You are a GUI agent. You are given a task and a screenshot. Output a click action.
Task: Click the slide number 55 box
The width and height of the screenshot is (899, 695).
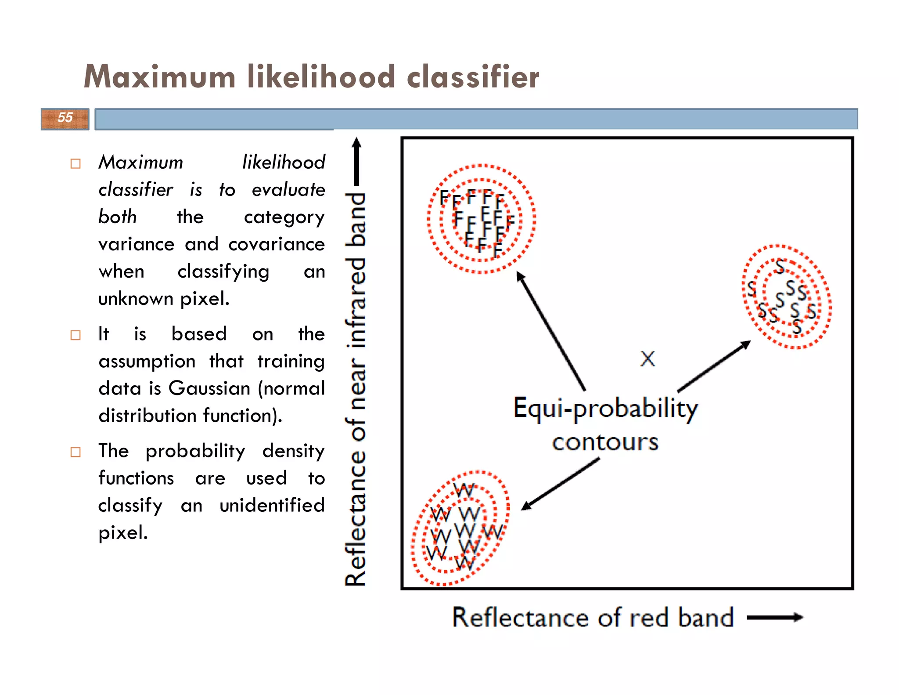coord(65,119)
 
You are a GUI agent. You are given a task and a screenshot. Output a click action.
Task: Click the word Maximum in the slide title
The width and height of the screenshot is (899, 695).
coord(160,77)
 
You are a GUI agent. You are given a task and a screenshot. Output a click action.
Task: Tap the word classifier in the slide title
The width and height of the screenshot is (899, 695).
coord(473,77)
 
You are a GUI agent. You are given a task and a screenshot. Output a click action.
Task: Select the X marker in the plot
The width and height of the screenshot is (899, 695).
coord(647,359)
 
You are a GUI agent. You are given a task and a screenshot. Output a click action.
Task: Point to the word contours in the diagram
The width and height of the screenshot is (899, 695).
coord(605,442)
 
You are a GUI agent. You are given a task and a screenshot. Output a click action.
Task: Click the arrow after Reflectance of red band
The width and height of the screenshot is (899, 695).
coord(775,617)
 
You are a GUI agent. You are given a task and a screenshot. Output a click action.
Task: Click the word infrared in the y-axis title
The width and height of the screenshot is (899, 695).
coord(356,302)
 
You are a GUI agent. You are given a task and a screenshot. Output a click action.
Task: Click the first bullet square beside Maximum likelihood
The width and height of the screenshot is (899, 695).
coord(76,164)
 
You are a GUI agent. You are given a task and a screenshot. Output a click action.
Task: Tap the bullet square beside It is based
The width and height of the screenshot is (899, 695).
coord(76,335)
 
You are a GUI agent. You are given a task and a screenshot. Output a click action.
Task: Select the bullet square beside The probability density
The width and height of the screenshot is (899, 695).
coord(76,452)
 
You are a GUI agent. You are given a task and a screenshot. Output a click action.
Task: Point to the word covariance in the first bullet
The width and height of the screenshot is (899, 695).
coord(276,244)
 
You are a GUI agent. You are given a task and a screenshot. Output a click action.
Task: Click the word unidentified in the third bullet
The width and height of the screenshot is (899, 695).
coord(272,505)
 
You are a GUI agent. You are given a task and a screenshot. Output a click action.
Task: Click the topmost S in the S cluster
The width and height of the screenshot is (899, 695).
coord(780,266)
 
